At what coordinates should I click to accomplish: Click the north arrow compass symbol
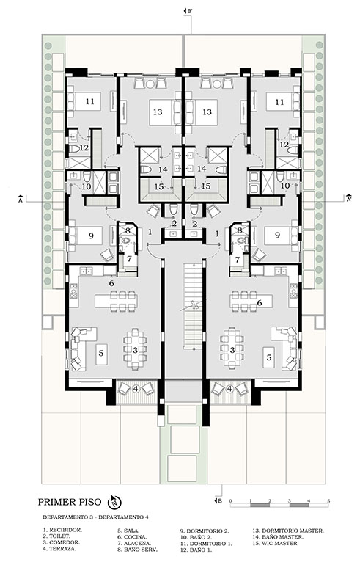click(x=114, y=502)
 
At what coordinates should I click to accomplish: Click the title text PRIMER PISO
click(x=69, y=502)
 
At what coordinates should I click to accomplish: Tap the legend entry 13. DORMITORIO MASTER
click(x=288, y=531)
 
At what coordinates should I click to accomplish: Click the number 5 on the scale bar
click(x=328, y=500)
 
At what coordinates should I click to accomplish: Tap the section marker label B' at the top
click(x=188, y=11)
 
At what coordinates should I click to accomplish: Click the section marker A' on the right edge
click(x=348, y=198)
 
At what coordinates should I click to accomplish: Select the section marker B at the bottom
click(x=218, y=501)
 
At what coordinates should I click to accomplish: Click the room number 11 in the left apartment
click(x=89, y=101)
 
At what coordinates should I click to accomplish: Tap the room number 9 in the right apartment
click(x=277, y=235)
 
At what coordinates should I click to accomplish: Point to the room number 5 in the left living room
click(x=101, y=353)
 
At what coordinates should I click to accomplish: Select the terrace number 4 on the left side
click(x=136, y=389)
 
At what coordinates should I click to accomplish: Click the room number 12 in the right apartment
click(x=284, y=144)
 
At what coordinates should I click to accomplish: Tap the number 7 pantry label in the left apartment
click(x=129, y=258)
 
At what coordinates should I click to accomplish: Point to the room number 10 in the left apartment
click(x=86, y=186)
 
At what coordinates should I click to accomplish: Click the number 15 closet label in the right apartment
click(x=206, y=186)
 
